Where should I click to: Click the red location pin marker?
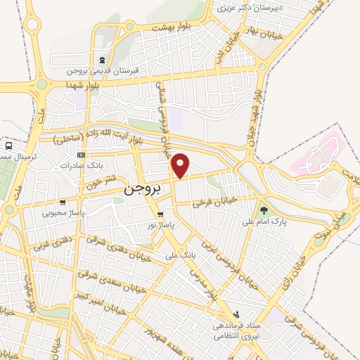point(181,165)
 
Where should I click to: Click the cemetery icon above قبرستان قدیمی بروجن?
point(104,60)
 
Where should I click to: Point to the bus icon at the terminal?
point(8,146)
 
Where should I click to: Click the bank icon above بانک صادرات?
point(82,155)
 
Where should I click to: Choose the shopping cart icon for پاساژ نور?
point(161,214)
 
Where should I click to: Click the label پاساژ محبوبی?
point(63,212)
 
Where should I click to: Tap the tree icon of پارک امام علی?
point(264,210)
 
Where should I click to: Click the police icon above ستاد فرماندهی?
point(237,315)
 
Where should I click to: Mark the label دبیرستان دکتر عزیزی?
point(243,8)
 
